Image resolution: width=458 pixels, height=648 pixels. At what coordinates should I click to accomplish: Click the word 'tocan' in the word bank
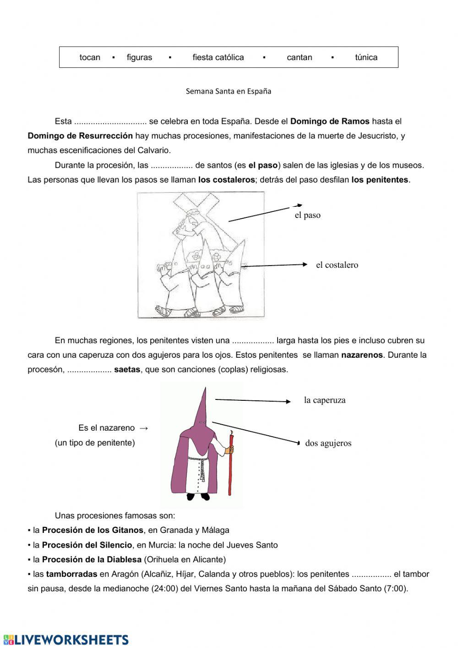pos(90,57)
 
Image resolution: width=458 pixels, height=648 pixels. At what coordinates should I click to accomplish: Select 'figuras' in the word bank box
pos(139,57)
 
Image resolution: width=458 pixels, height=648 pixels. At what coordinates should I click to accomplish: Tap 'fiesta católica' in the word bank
pos(218,57)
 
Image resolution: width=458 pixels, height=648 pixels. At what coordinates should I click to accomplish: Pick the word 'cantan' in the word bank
pos(300,57)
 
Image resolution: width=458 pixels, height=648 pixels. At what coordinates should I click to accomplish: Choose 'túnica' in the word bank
pos(366,57)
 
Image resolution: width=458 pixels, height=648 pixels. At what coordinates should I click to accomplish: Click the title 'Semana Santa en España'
pos(229,91)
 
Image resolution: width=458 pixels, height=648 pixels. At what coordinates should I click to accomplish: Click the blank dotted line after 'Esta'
pos(110,122)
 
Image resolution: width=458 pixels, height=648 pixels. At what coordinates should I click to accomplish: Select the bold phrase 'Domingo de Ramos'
pos(330,122)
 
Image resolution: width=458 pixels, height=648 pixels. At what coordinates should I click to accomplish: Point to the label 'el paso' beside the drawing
pos(307,215)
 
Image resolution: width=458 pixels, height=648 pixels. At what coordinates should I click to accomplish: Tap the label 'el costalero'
pos(337,265)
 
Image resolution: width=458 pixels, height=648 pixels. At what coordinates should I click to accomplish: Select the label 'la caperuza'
pos(325,400)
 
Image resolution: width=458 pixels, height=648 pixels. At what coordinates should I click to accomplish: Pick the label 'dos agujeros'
pos(328,443)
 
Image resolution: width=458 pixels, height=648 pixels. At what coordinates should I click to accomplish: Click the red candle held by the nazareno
pos(230,463)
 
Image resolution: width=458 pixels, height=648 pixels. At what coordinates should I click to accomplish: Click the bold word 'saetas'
pos(127,370)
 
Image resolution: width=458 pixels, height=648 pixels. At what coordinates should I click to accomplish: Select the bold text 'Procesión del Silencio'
pos(87,545)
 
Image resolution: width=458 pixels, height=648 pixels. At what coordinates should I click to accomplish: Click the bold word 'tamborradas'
pos(71,574)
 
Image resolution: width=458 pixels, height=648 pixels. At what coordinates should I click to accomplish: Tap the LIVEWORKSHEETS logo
pos(66,640)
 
